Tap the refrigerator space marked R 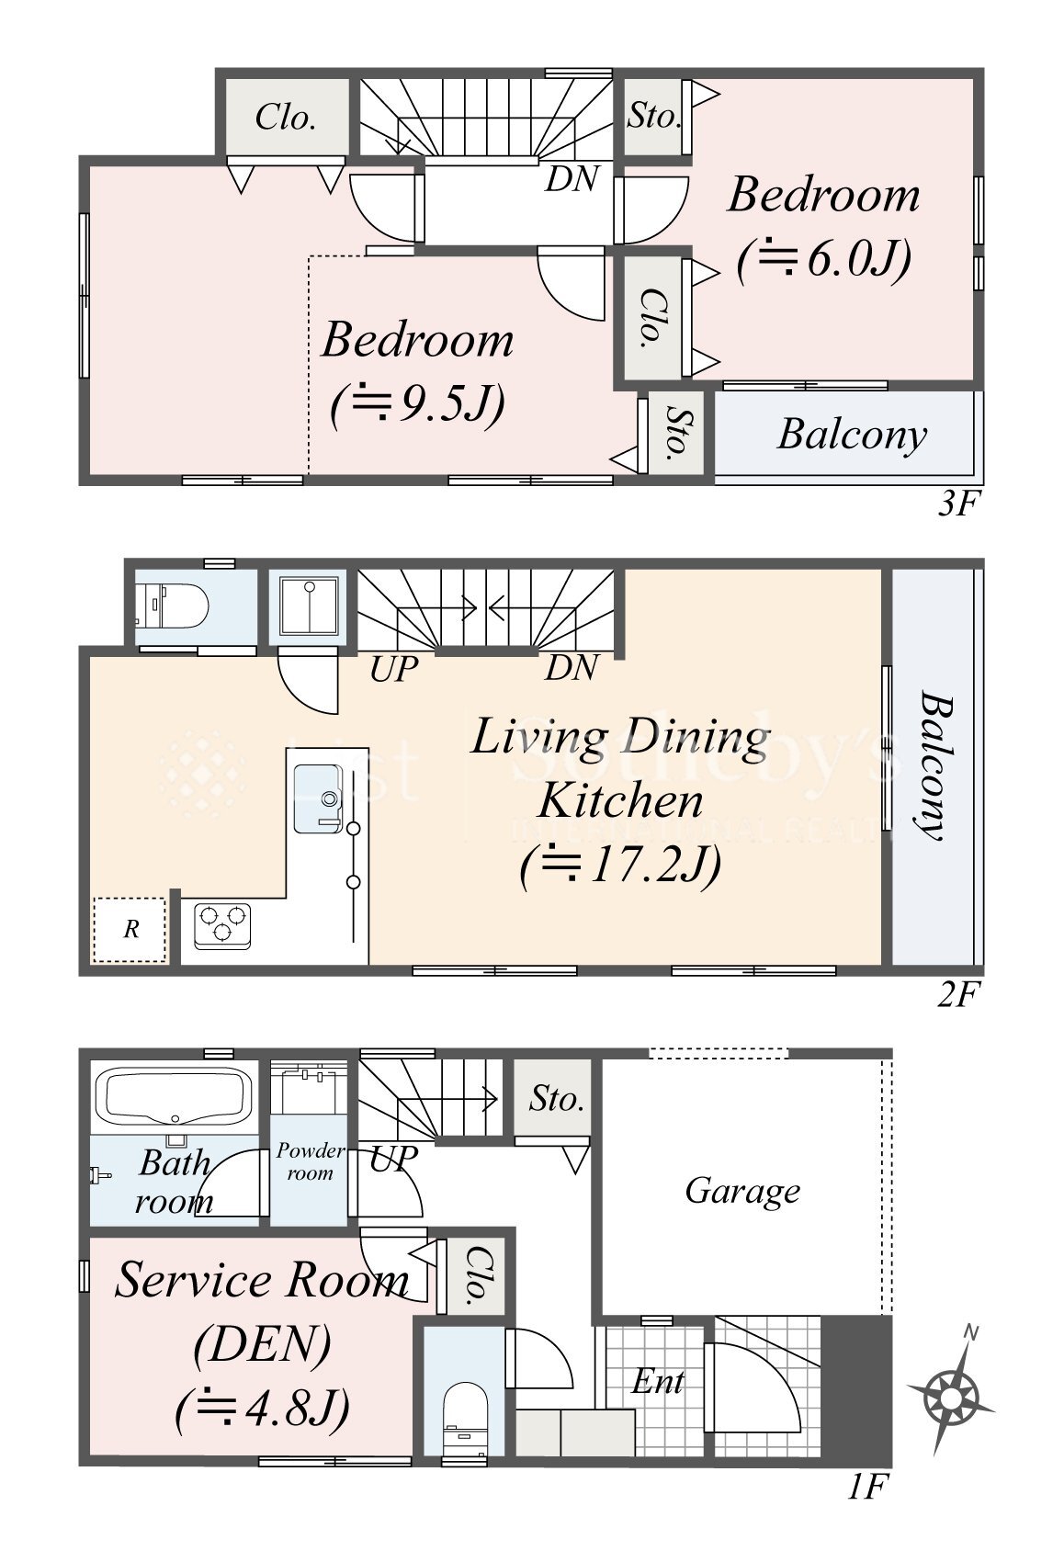tap(130, 929)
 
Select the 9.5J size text tap(417, 406)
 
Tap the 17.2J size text tap(621, 866)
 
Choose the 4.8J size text tap(263, 1409)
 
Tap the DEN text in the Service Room tap(263, 1344)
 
